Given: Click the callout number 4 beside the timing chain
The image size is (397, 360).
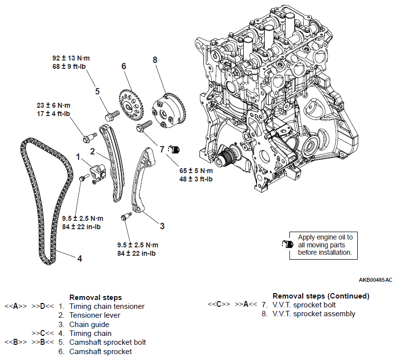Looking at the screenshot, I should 79,257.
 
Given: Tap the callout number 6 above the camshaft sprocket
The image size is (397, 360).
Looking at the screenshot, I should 124,66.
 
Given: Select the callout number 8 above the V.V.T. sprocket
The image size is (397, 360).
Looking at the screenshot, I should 155,60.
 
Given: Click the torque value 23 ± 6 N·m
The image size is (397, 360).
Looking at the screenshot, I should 53,105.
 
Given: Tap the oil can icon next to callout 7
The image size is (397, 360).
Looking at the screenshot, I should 174,148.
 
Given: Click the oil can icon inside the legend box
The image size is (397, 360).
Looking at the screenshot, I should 287,244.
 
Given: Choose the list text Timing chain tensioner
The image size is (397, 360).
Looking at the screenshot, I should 107,306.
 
